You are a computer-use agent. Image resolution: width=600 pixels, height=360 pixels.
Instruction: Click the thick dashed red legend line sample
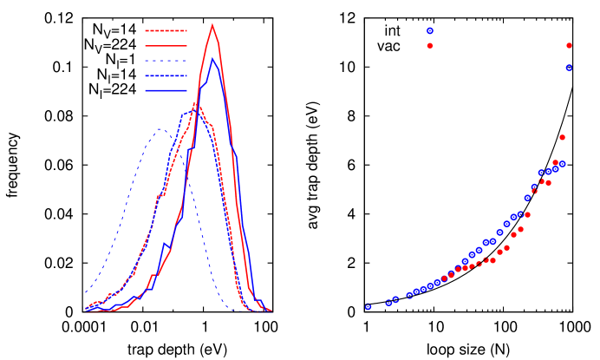click(166, 30)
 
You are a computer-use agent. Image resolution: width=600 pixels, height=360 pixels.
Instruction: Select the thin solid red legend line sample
click(166, 45)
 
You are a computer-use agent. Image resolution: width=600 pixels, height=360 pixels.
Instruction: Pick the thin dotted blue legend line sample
click(166, 61)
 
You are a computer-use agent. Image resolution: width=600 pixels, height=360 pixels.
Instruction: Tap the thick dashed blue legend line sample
click(166, 75)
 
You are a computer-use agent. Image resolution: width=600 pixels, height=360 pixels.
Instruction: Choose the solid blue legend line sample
click(166, 90)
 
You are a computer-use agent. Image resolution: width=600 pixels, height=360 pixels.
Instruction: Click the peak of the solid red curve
click(212, 24)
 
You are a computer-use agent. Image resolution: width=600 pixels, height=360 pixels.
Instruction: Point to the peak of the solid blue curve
click(212, 58)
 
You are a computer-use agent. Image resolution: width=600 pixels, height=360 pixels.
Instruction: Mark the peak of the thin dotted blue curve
click(160, 129)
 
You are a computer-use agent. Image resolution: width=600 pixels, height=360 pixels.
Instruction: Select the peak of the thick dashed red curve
click(195, 104)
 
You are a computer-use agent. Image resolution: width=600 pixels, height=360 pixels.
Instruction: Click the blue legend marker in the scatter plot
click(430, 30)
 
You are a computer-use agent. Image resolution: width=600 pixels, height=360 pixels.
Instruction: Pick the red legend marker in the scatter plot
click(430, 45)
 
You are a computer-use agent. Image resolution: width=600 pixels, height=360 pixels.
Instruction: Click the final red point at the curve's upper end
click(569, 45)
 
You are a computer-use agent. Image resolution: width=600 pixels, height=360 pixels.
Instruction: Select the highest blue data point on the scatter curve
click(569, 67)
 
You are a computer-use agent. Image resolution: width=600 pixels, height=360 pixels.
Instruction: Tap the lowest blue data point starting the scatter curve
click(368, 306)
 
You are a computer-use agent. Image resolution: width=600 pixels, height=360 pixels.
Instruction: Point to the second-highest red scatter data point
click(562, 137)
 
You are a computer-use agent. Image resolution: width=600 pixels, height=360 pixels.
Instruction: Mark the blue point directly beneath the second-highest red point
click(562, 164)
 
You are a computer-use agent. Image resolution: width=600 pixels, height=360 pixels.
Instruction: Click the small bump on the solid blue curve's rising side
click(165, 244)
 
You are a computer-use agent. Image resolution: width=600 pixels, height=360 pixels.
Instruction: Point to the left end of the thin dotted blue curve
click(86, 293)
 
